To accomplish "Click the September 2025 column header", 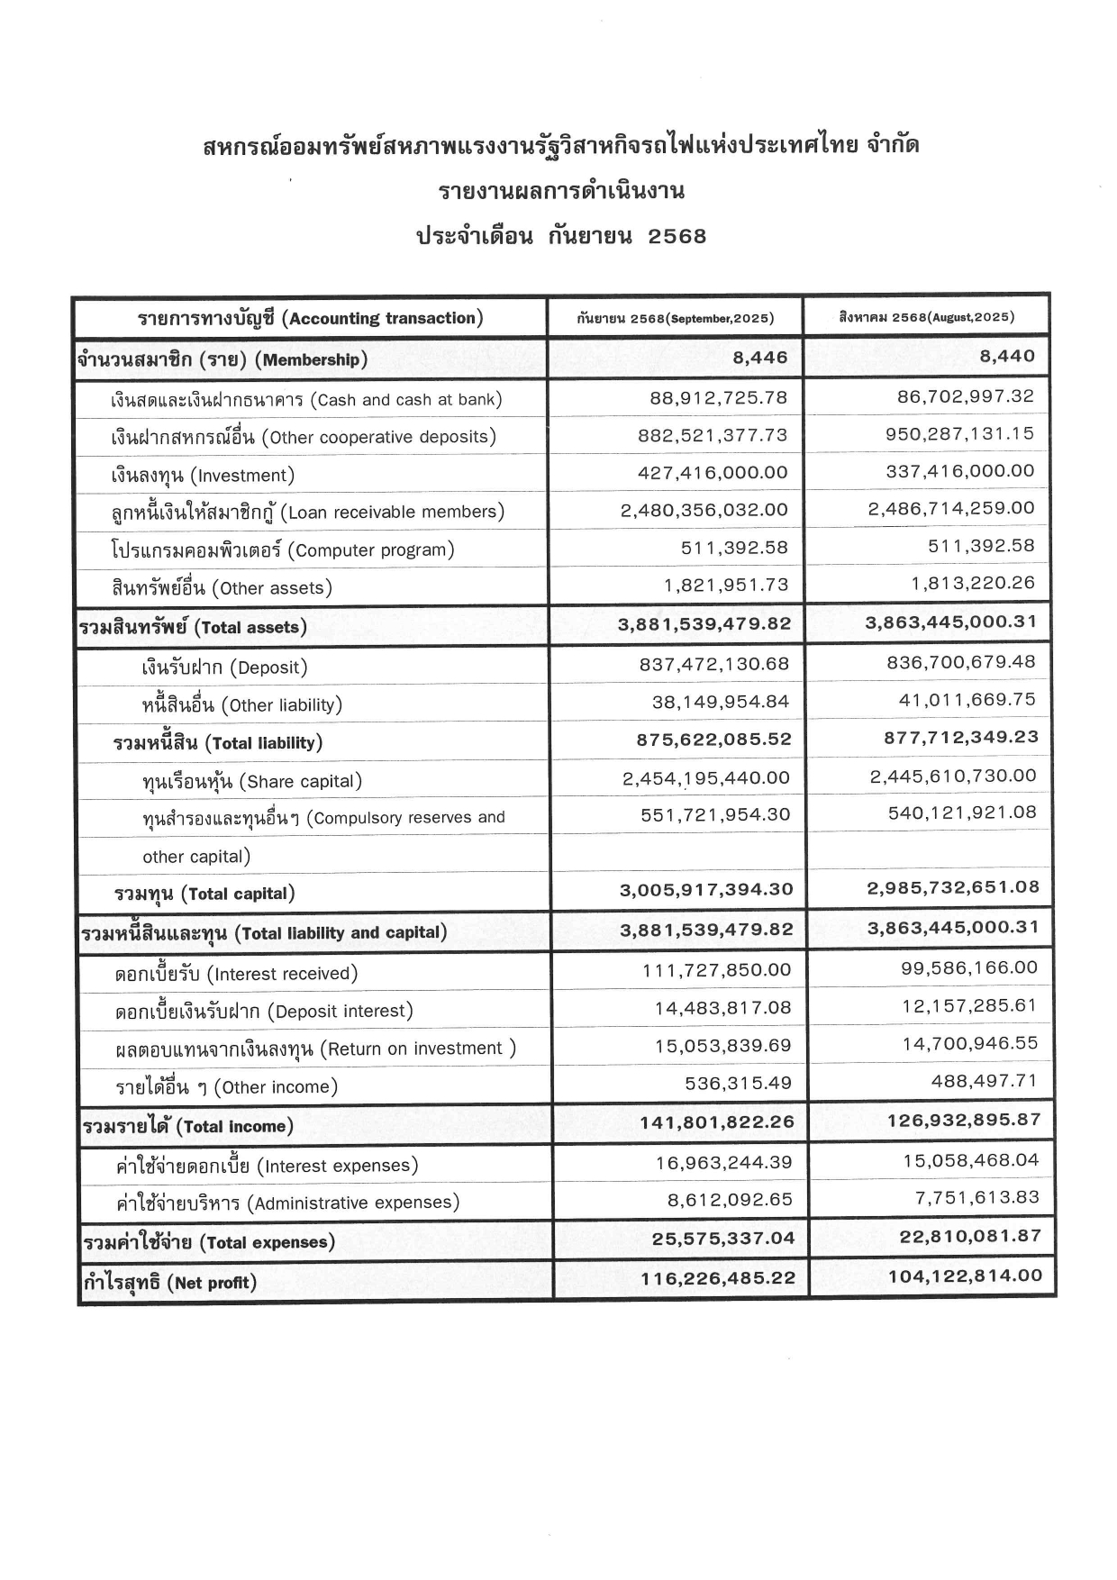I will [x=675, y=318].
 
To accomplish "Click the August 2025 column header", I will [x=926, y=317].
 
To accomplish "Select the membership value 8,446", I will [x=759, y=358].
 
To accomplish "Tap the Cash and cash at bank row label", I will [x=306, y=399].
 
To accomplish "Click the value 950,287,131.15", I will [x=960, y=433].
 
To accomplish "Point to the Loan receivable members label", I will [x=307, y=512].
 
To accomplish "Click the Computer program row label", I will [x=283, y=549].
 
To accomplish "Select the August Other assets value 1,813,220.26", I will [x=973, y=583].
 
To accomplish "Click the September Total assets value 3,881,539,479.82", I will [x=704, y=623].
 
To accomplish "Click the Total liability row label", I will [x=218, y=743].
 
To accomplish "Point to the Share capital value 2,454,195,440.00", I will [x=705, y=777].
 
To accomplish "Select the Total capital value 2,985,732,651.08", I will [x=953, y=887].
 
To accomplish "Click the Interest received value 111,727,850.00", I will [x=716, y=970].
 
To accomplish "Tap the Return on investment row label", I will [x=316, y=1049].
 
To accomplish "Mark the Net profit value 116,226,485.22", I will [x=718, y=1278].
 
